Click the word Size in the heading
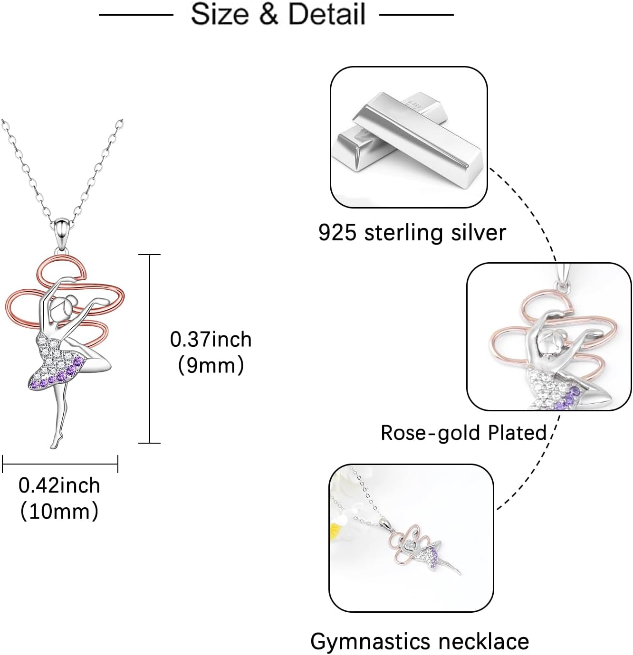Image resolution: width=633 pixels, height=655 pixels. click(220, 14)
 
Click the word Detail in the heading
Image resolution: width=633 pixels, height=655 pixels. click(327, 14)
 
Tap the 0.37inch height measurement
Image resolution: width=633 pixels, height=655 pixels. click(211, 340)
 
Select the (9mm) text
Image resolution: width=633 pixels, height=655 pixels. click(211, 365)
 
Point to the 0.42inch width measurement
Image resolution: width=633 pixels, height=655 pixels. click(59, 485)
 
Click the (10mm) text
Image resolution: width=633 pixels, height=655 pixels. click(59, 512)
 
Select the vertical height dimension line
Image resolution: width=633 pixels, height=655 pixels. click(150, 349)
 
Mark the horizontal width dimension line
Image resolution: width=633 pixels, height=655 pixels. click(60, 464)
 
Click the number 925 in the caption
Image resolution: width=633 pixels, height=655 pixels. click(337, 233)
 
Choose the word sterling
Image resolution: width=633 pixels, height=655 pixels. click(404, 233)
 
